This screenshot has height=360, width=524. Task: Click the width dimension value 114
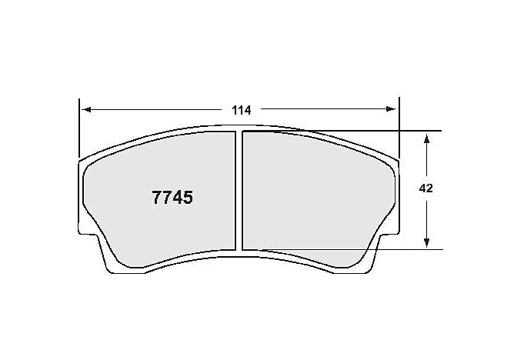(242, 110)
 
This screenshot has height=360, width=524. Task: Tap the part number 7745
(172, 197)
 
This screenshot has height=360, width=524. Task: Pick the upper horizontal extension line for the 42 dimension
(416, 131)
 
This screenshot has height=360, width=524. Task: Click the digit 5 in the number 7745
(187, 197)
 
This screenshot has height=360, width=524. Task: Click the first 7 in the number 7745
(157, 197)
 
